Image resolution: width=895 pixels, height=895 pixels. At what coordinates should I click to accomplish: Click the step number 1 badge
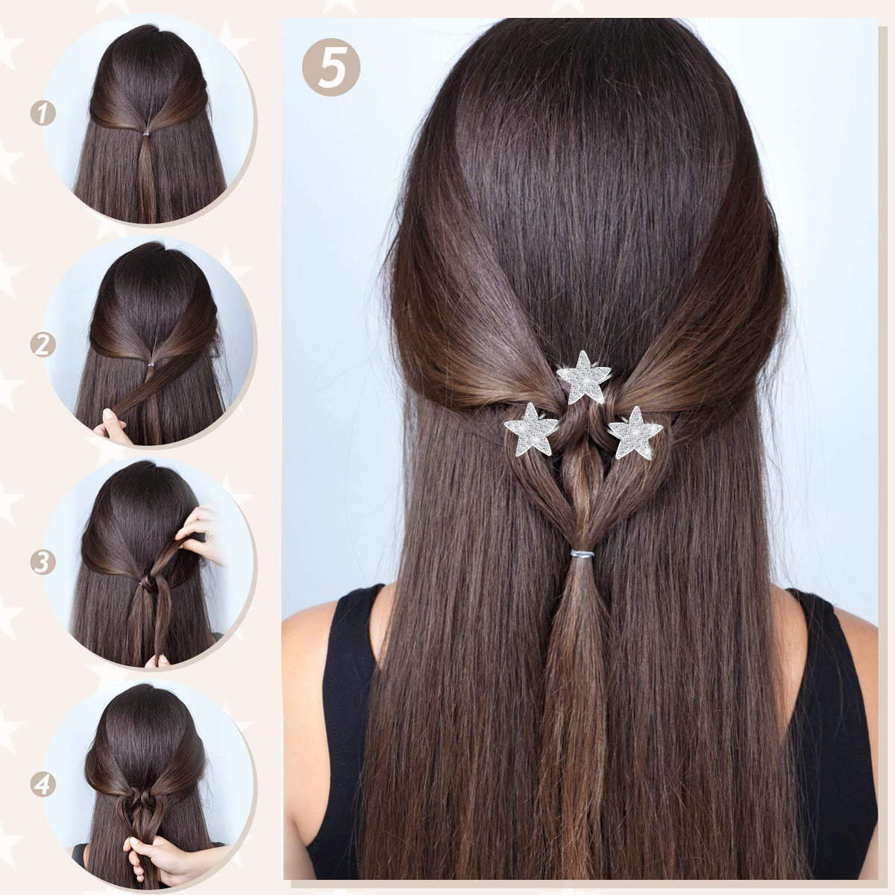point(43,113)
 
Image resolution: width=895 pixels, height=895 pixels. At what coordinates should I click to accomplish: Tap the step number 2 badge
point(43,345)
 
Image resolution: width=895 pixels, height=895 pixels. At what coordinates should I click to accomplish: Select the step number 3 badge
point(43,562)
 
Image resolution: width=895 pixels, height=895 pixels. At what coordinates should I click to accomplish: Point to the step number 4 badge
point(43,785)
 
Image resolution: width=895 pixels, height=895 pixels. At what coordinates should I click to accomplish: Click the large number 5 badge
point(331,67)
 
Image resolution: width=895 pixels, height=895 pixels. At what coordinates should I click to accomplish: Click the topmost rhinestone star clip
point(584,378)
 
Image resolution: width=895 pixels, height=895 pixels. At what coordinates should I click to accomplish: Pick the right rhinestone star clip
point(635,433)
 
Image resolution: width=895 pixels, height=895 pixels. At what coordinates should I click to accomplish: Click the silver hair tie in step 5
point(582,553)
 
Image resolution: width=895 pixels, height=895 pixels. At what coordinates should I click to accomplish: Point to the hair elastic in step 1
point(146,134)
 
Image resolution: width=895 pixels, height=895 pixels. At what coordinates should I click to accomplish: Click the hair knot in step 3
point(149,583)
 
